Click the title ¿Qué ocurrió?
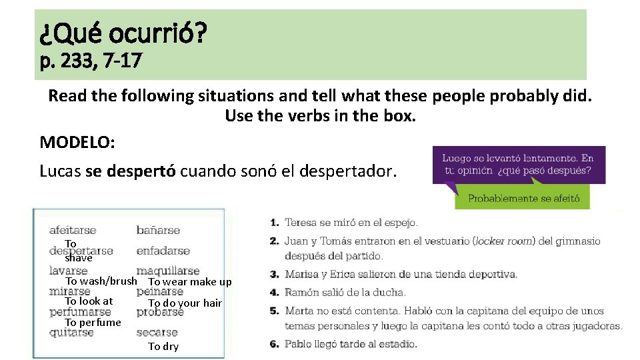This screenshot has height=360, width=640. coord(123,31)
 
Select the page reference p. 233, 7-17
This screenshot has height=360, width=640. coord(91,61)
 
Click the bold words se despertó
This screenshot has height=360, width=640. coord(131,171)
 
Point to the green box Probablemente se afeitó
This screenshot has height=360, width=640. coord(524,198)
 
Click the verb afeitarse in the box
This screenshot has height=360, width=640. coord(73,231)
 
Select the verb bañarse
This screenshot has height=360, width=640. coord(158,231)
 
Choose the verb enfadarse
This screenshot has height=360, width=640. coord(163,251)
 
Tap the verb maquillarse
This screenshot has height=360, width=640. coord(167,271)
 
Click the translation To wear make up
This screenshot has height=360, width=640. coord(190,282)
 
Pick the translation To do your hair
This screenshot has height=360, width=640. coord(185,303)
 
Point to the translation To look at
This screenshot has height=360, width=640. coord(89,301)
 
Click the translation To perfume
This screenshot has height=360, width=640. coord(93,323)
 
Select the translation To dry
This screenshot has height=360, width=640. coord(163,347)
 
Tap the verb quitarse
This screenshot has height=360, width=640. coord(71,333)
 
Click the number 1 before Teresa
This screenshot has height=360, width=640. coord(275,223)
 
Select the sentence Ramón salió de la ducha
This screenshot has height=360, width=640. coord(345,292)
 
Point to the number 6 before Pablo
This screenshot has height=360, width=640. coord(275,344)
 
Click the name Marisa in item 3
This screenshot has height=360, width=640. coord(301,274)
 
